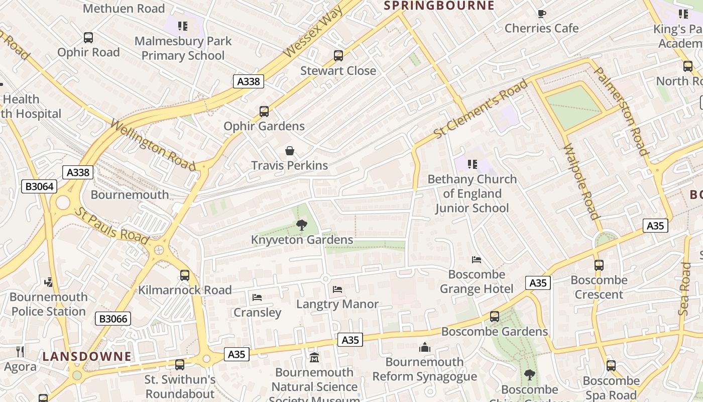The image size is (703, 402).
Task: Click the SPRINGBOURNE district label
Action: click(439, 6)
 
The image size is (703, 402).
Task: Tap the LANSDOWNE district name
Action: click(87, 356)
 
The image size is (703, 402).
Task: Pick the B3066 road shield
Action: click(113, 318)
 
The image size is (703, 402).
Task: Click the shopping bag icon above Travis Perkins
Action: click(290, 151)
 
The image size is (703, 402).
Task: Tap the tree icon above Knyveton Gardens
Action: click(301, 225)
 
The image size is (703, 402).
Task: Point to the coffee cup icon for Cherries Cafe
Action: click(541, 14)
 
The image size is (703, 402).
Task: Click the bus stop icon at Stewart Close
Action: click(338, 56)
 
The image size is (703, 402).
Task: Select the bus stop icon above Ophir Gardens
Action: click(264, 112)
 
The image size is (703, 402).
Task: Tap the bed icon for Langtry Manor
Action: click(337, 289)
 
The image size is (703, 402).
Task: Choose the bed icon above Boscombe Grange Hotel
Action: click(477, 260)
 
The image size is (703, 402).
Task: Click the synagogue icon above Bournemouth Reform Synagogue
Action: click(425, 347)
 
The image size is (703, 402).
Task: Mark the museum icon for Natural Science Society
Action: click(314, 358)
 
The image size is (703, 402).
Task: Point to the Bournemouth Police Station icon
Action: click(49, 282)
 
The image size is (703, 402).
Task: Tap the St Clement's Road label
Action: click(481, 109)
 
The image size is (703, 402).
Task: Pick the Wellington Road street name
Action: click(153, 145)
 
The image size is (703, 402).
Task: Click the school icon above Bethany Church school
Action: click(472, 164)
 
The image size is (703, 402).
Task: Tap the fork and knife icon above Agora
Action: click(20, 351)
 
